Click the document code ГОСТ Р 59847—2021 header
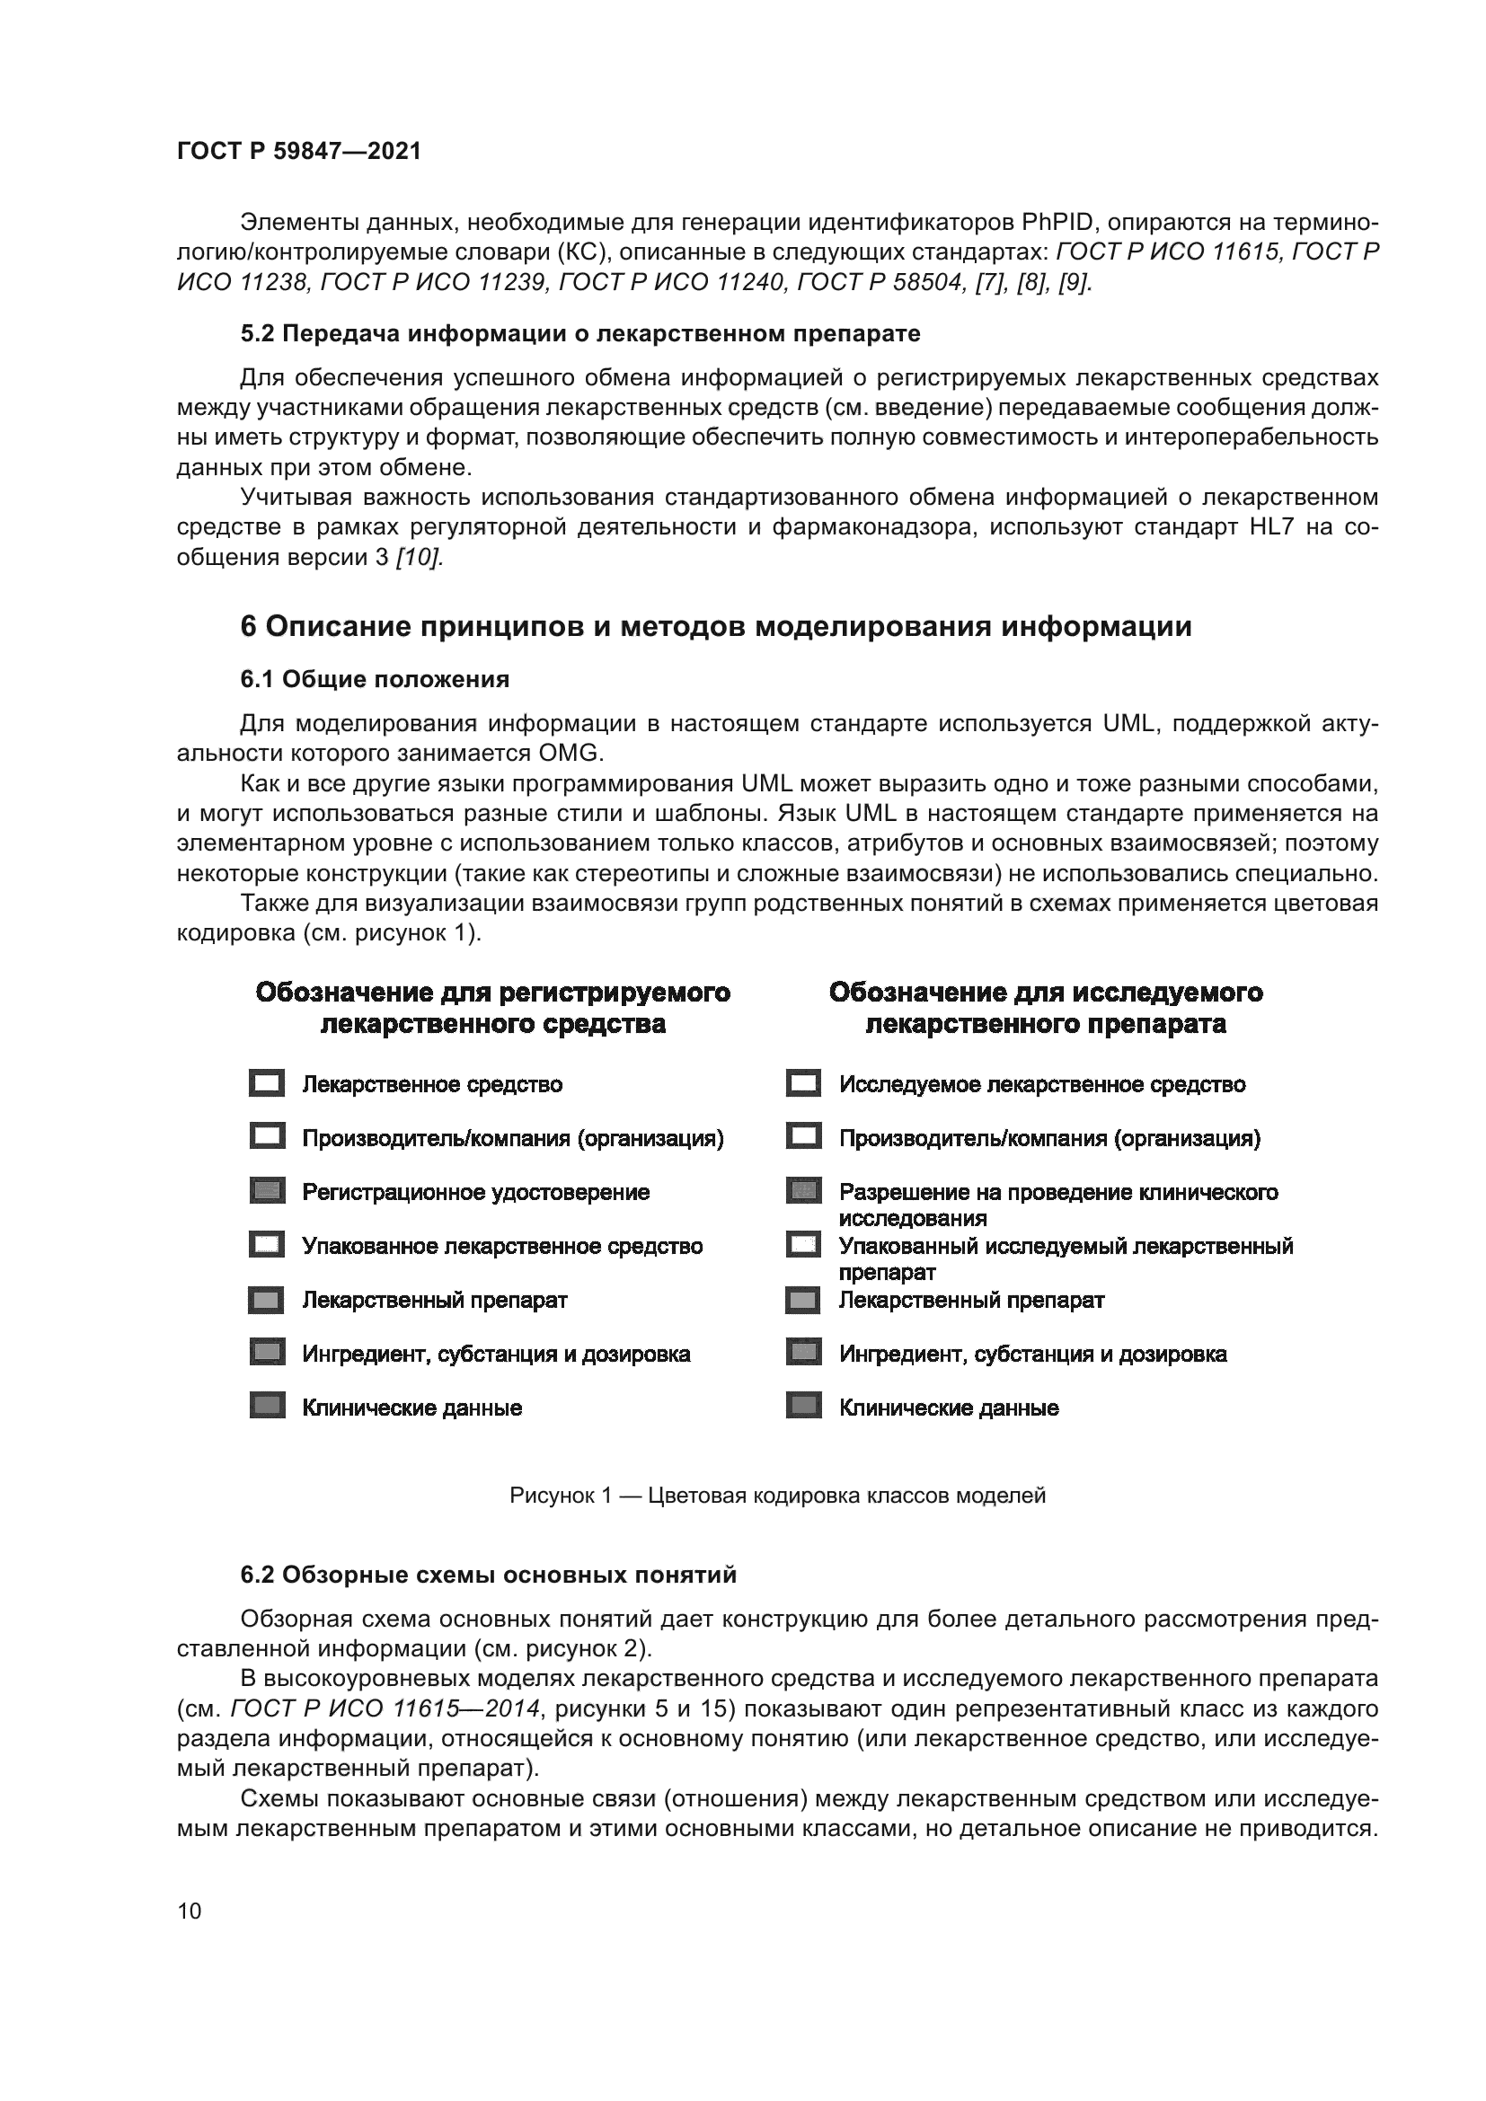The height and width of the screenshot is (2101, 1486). point(298,151)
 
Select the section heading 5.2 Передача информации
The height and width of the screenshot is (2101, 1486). point(580,334)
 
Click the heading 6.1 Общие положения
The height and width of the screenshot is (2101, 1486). point(375,679)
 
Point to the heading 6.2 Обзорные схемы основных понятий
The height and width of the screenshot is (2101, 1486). point(488,1575)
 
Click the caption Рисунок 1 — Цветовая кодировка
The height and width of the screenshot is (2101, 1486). point(777,1496)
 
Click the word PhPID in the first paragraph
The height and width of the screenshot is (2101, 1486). point(1057,223)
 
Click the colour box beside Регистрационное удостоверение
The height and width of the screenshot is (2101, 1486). point(266,1191)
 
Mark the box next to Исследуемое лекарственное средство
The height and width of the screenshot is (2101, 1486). point(803,1084)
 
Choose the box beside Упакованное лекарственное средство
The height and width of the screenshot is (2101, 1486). point(266,1245)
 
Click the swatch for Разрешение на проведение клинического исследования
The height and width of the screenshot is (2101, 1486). point(803,1191)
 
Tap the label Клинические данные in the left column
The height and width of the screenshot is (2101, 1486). point(411,1408)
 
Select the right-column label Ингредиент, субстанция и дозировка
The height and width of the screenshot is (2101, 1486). point(1033,1355)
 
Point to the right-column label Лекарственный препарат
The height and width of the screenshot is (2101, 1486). point(972,1301)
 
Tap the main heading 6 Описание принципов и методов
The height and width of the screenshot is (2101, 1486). point(715,627)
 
